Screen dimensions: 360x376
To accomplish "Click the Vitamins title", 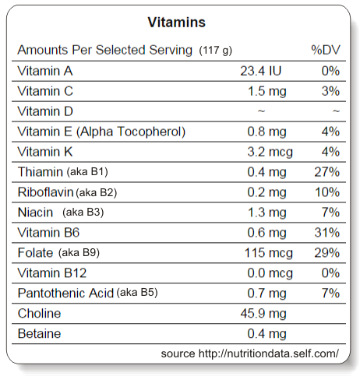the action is (x=177, y=22).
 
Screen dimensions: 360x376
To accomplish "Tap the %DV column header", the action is (x=326, y=50).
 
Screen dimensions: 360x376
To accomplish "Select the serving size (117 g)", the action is (x=215, y=50).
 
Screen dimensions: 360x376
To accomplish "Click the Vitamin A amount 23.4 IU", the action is (x=260, y=71).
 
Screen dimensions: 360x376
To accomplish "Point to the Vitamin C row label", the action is (x=45, y=91).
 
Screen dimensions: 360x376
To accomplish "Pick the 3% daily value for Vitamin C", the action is (x=330, y=91).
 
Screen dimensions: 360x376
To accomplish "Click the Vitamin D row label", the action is (x=45, y=111).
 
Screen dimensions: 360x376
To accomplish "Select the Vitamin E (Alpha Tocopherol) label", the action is (x=101, y=132).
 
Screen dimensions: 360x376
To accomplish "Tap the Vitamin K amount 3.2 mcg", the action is (x=270, y=152).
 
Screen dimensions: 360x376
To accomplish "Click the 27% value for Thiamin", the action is (x=327, y=172).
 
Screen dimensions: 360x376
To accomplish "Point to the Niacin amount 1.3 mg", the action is (x=266, y=213).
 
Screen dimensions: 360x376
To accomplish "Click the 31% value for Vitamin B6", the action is (x=327, y=233).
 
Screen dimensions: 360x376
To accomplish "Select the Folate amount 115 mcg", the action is (x=269, y=253).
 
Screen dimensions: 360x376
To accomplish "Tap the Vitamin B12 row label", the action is (x=52, y=273).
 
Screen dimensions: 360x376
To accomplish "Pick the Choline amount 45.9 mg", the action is (x=263, y=314).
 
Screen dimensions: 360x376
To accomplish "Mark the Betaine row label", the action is (x=39, y=334).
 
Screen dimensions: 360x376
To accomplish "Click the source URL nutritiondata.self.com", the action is (x=269, y=353).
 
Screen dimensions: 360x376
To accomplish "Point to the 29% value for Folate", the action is (x=327, y=253).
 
